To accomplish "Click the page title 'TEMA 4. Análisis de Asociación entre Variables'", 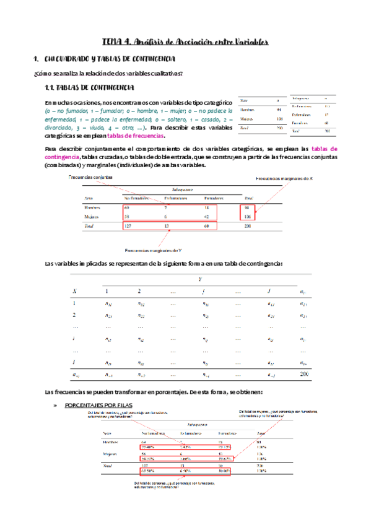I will point(185,42).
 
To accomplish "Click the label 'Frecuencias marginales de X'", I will point(286,178).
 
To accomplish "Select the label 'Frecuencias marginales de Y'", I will point(153,251).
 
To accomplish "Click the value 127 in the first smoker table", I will point(128,227).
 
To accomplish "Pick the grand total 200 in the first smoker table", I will point(248,227).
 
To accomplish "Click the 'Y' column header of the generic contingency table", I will point(199,280).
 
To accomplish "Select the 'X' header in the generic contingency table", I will point(74,291).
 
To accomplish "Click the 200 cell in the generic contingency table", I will point(303,375).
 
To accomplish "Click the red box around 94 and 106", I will point(248,212).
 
